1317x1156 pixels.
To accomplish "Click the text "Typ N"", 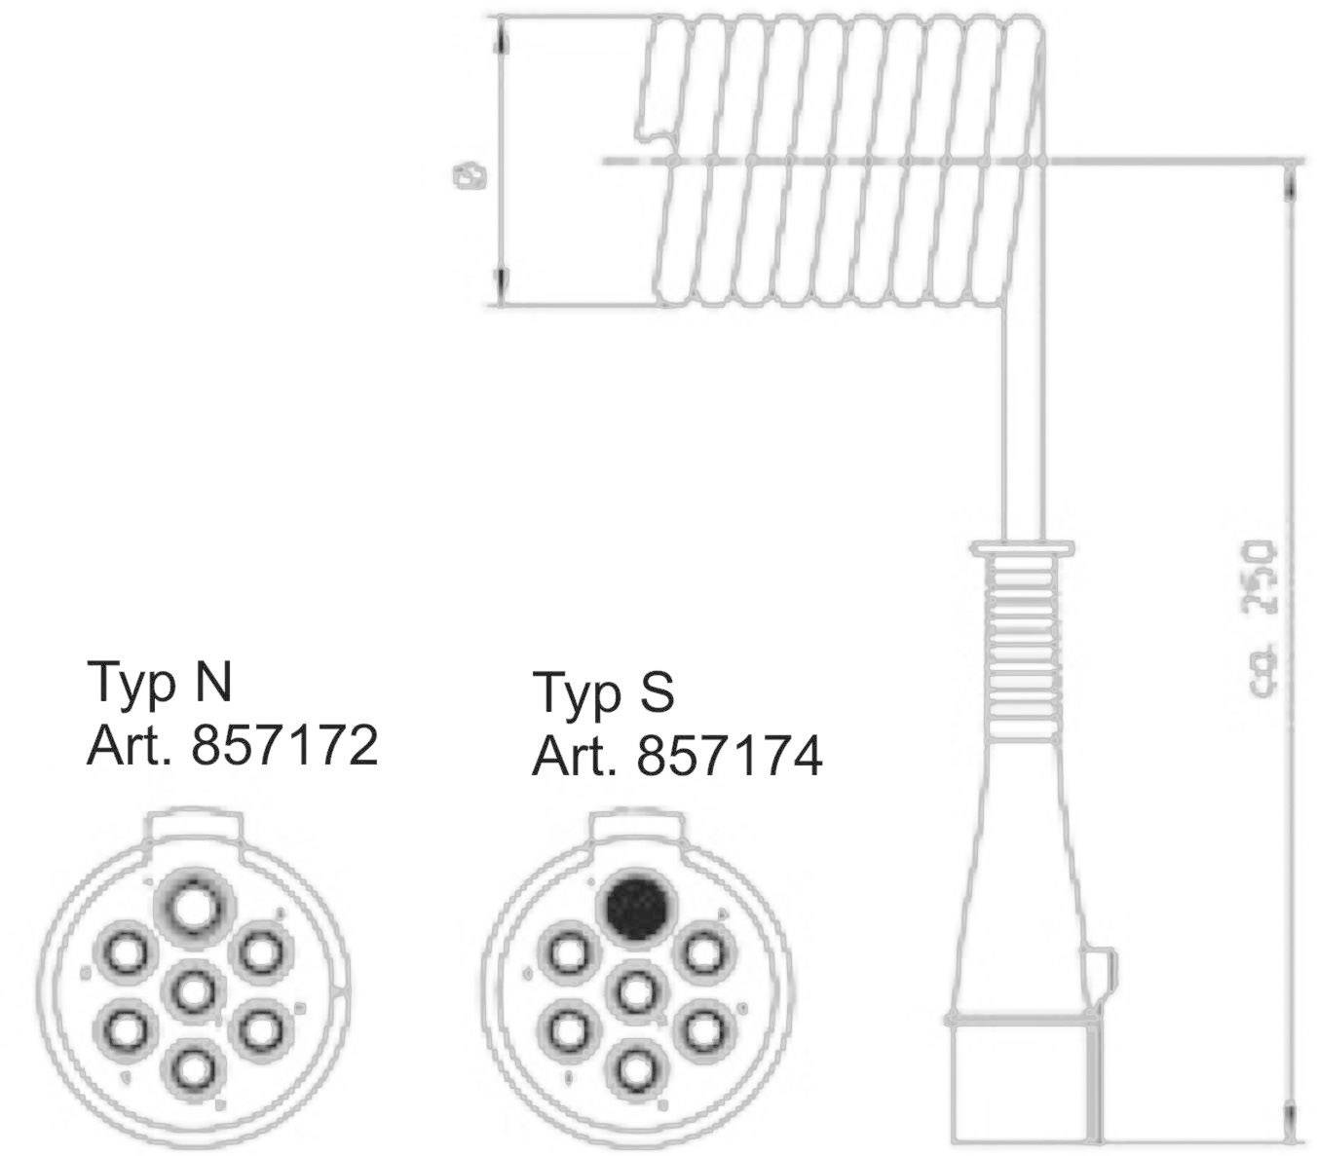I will pyautogui.click(x=161, y=682).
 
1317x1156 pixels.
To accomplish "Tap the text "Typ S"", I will pyautogui.click(x=603, y=692).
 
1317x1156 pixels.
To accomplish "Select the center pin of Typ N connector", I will pyautogui.click(x=193, y=990).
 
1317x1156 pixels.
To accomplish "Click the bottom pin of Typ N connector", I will pyautogui.click(x=193, y=1067).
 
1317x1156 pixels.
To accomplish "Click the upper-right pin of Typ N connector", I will pyautogui.click(x=259, y=951).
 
